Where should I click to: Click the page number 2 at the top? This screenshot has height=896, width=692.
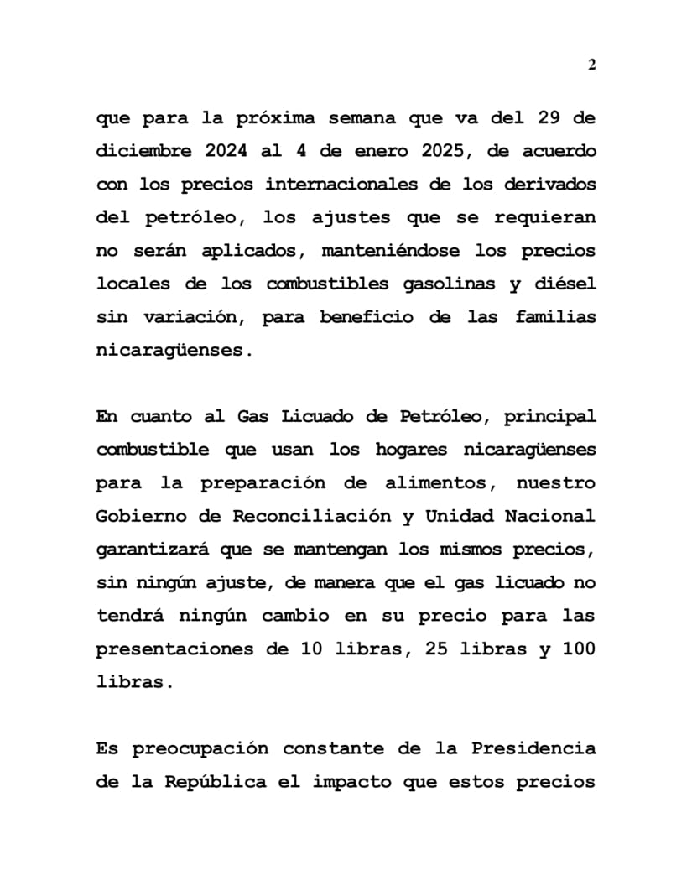click(591, 65)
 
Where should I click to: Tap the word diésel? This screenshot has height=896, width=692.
click(565, 284)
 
